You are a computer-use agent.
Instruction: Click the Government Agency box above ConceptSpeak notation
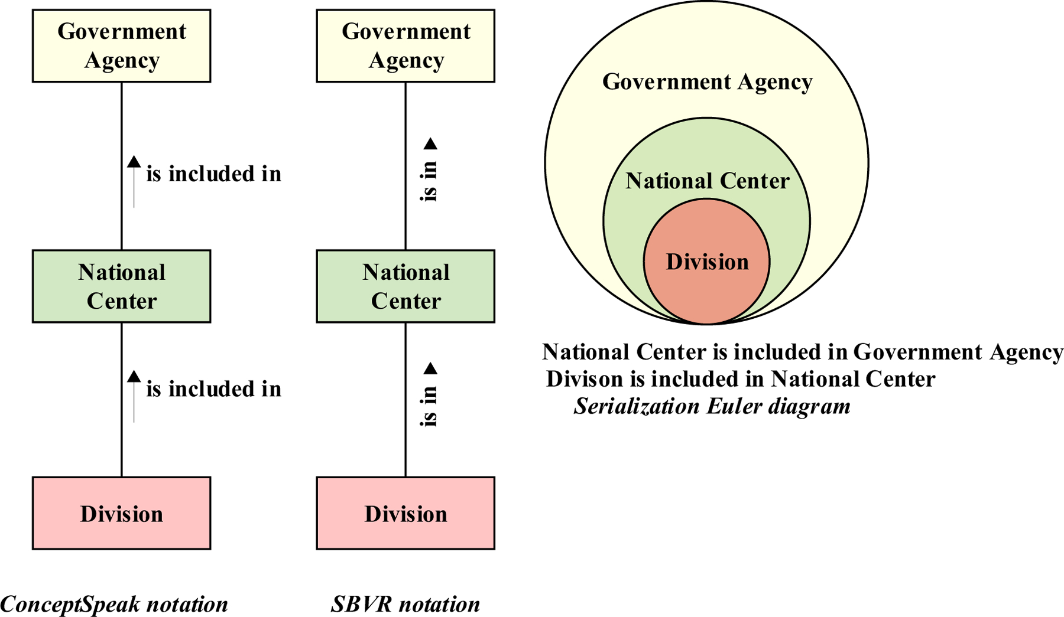pyautogui.click(x=121, y=46)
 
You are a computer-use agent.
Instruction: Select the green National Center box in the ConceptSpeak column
pyautogui.click(x=121, y=286)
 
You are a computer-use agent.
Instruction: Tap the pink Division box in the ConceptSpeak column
pyautogui.click(x=121, y=513)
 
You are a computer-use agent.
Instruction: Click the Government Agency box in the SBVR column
pyautogui.click(x=406, y=46)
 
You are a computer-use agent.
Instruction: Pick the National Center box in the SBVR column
pyautogui.click(x=406, y=286)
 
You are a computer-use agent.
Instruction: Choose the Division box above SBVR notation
pyautogui.click(x=406, y=513)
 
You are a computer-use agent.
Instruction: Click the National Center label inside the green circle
pyautogui.click(x=707, y=181)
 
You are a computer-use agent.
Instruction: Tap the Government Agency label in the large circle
pyautogui.click(x=707, y=81)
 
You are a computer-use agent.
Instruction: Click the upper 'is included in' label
pyautogui.click(x=213, y=174)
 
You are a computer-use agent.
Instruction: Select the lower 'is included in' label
pyautogui.click(x=213, y=389)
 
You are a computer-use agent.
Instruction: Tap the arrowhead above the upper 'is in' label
pyautogui.click(x=430, y=143)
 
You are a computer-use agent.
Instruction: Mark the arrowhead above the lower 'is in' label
pyautogui.click(x=430, y=368)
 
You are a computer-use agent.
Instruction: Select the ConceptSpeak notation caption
pyautogui.click(x=114, y=604)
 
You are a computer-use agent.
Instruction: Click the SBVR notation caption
pyautogui.click(x=406, y=604)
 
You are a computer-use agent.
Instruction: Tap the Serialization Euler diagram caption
pyautogui.click(x=712, y=406)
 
